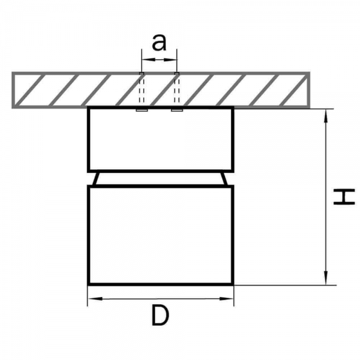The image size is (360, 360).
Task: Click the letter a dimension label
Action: (x=158, y=43)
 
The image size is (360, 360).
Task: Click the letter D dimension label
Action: (x=160, y=316)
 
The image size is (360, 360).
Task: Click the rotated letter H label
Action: (x=344, y=197)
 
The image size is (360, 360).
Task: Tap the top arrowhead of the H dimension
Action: (x=326, y=116)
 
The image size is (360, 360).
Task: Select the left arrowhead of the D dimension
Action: (x=95, y=299)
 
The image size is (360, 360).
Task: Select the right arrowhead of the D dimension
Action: (x=226, y=299)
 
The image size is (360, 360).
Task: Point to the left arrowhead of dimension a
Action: (x=148, y=59)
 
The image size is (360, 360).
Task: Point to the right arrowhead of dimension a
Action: (x=170, y=59)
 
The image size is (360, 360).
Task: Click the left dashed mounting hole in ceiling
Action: (x=142, y=88)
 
